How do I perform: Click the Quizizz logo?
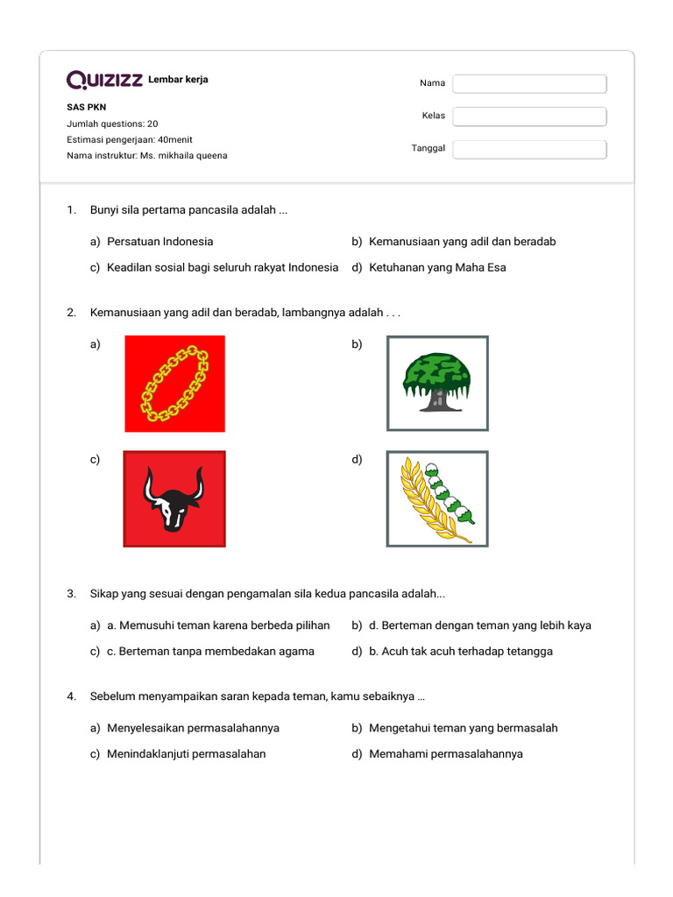click(x=104, y=81)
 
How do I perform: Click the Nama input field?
click(x=529, y=83)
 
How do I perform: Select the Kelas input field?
click(x=529, y=117)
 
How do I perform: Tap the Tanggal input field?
click(x=529, y=149)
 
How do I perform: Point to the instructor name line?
click(x=146, y=156)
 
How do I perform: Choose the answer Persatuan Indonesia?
click(x=159, y=242)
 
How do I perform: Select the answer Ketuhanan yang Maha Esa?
click(x=437, y=268)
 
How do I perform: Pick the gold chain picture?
click(x=174, y=384)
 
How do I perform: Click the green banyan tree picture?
click(x=437, y=383)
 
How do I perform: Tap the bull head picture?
click(x=174, y=498)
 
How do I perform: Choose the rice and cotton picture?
click(x=437, y=498)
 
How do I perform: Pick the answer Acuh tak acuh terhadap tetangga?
click(x=461, y=652)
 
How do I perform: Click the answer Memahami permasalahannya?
click(x=446, y=754)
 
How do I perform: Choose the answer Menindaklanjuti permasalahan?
click(x=186, y=754)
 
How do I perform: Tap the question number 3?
click(x=71, y=595)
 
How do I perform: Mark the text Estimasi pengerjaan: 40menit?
click(x=130, y=139)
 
